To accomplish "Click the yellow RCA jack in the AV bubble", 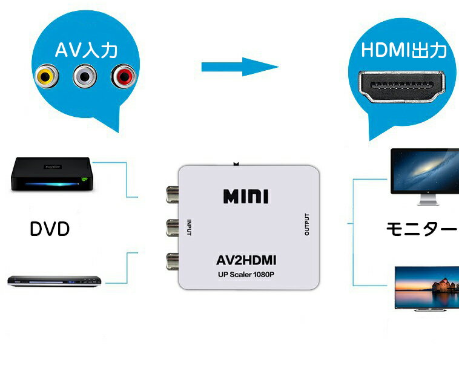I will coord(47,76).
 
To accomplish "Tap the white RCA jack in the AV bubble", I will coord(85,76).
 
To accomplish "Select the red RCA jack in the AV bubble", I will coord(124,76).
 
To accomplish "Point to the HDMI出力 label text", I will coord(404,50).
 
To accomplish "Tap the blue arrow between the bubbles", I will coord(240,66).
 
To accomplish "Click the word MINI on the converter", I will coord(246,197).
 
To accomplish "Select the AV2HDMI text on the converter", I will coord(246,261).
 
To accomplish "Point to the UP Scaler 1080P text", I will coord(246,276).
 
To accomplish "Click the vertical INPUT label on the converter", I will coord(190,227).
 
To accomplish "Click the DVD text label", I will coord(50,229).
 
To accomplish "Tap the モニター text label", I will coord(421,230).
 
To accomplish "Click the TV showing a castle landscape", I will coord(426,289).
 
